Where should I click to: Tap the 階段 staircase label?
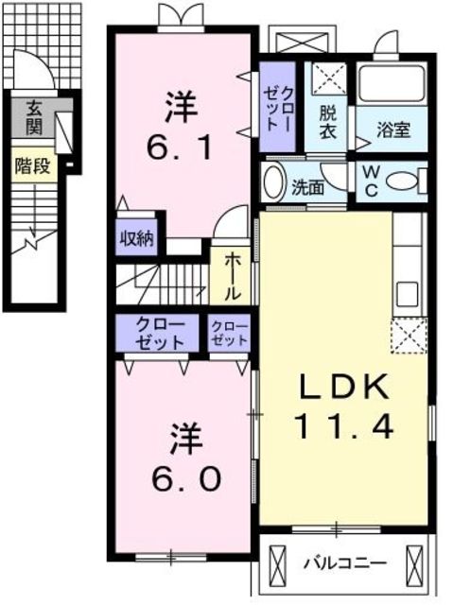pyautogui.click(x=33, y=165)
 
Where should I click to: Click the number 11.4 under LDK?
pyautogui.click(x=344, y=426)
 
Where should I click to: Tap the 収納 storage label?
pyautogui.click(x=138, y=237)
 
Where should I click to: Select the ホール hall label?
pyautogui.click(x=232, y=274)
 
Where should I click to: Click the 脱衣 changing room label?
pyautogui.click(x=326, y=123)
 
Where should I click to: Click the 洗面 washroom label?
pyautogui.click(x=308, y=187)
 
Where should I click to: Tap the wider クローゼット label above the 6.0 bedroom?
pyautogui.click(x=158, y=332)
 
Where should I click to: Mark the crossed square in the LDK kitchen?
pyautogui.click(x=409, y=335)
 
